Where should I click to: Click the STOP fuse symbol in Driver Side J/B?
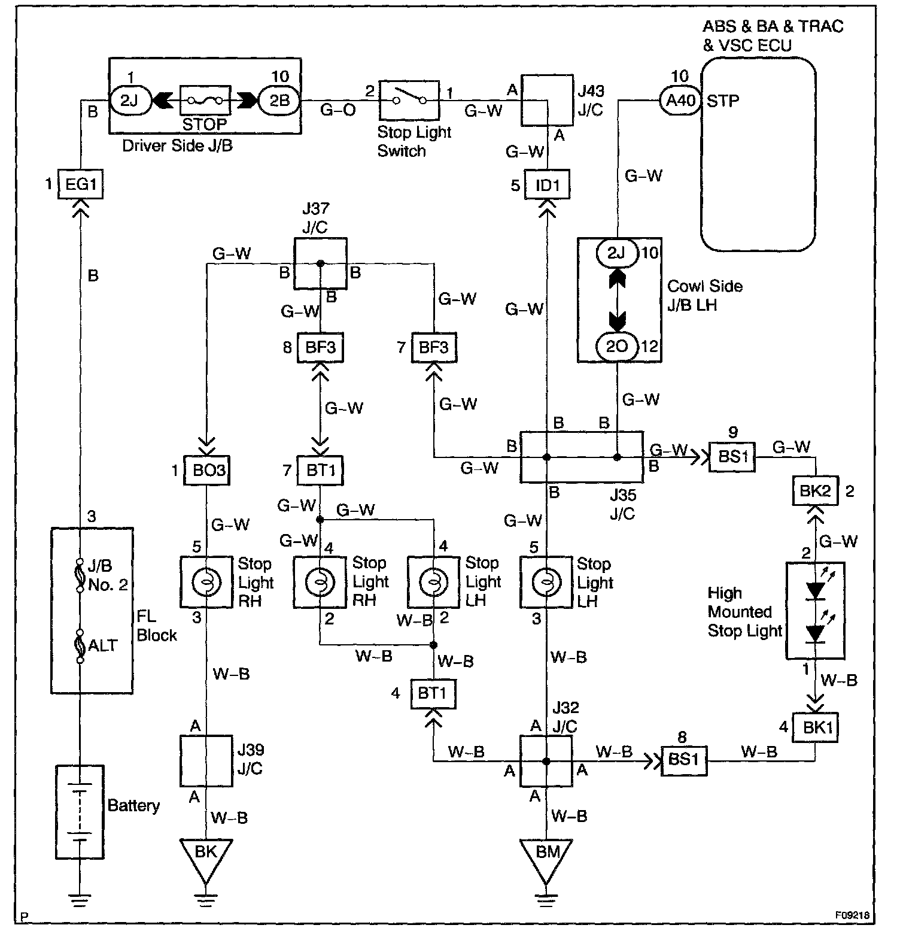click(205, 100)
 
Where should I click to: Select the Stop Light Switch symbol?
click(409, 100)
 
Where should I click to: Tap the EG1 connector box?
click(81, 184)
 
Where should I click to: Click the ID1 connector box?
click(547, 185)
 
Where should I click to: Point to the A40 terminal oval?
click(680, 100)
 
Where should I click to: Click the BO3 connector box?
click(206, 470)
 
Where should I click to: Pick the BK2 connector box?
click(816, 491)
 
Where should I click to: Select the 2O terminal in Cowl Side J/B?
click(617, 347)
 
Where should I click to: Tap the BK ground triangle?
click(206, 857)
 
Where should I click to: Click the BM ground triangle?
click(546, 857)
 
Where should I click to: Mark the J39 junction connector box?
click(206, 760)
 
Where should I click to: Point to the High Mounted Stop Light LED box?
click(815, 611)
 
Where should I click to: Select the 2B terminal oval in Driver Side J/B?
click(279, 100)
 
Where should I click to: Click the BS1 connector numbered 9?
click(732, 457)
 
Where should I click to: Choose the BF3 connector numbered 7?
click(434, 347)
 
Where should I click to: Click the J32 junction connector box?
click(546, 761)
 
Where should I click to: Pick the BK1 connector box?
click(815, 728)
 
